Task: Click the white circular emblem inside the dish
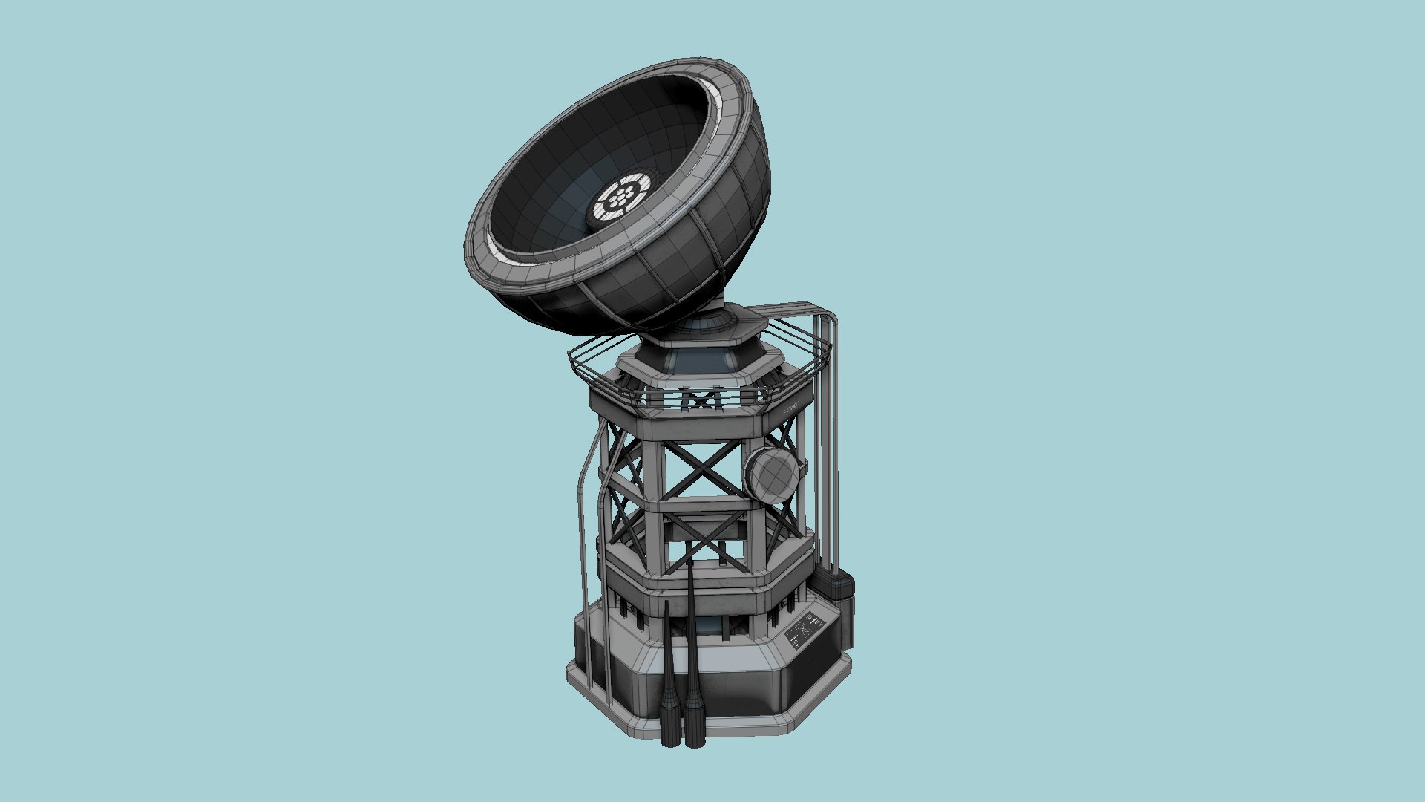coord(620,198)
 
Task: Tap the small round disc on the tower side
coord(772,472)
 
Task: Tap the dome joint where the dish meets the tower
coord(709,325)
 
